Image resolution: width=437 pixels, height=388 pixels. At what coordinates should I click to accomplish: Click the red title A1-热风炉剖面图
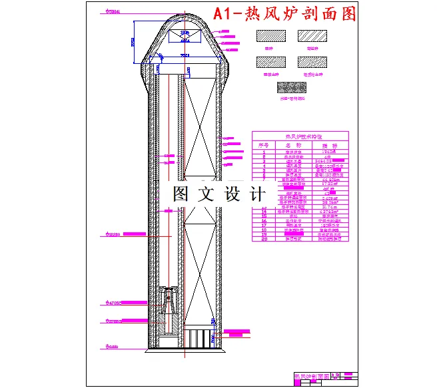coord(284,14)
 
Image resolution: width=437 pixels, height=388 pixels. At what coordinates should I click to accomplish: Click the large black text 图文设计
coord(218,194)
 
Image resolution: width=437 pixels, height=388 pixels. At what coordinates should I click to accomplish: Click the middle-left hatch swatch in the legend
coord(270,63)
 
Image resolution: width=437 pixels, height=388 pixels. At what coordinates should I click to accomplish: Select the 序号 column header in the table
coord(264,144)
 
